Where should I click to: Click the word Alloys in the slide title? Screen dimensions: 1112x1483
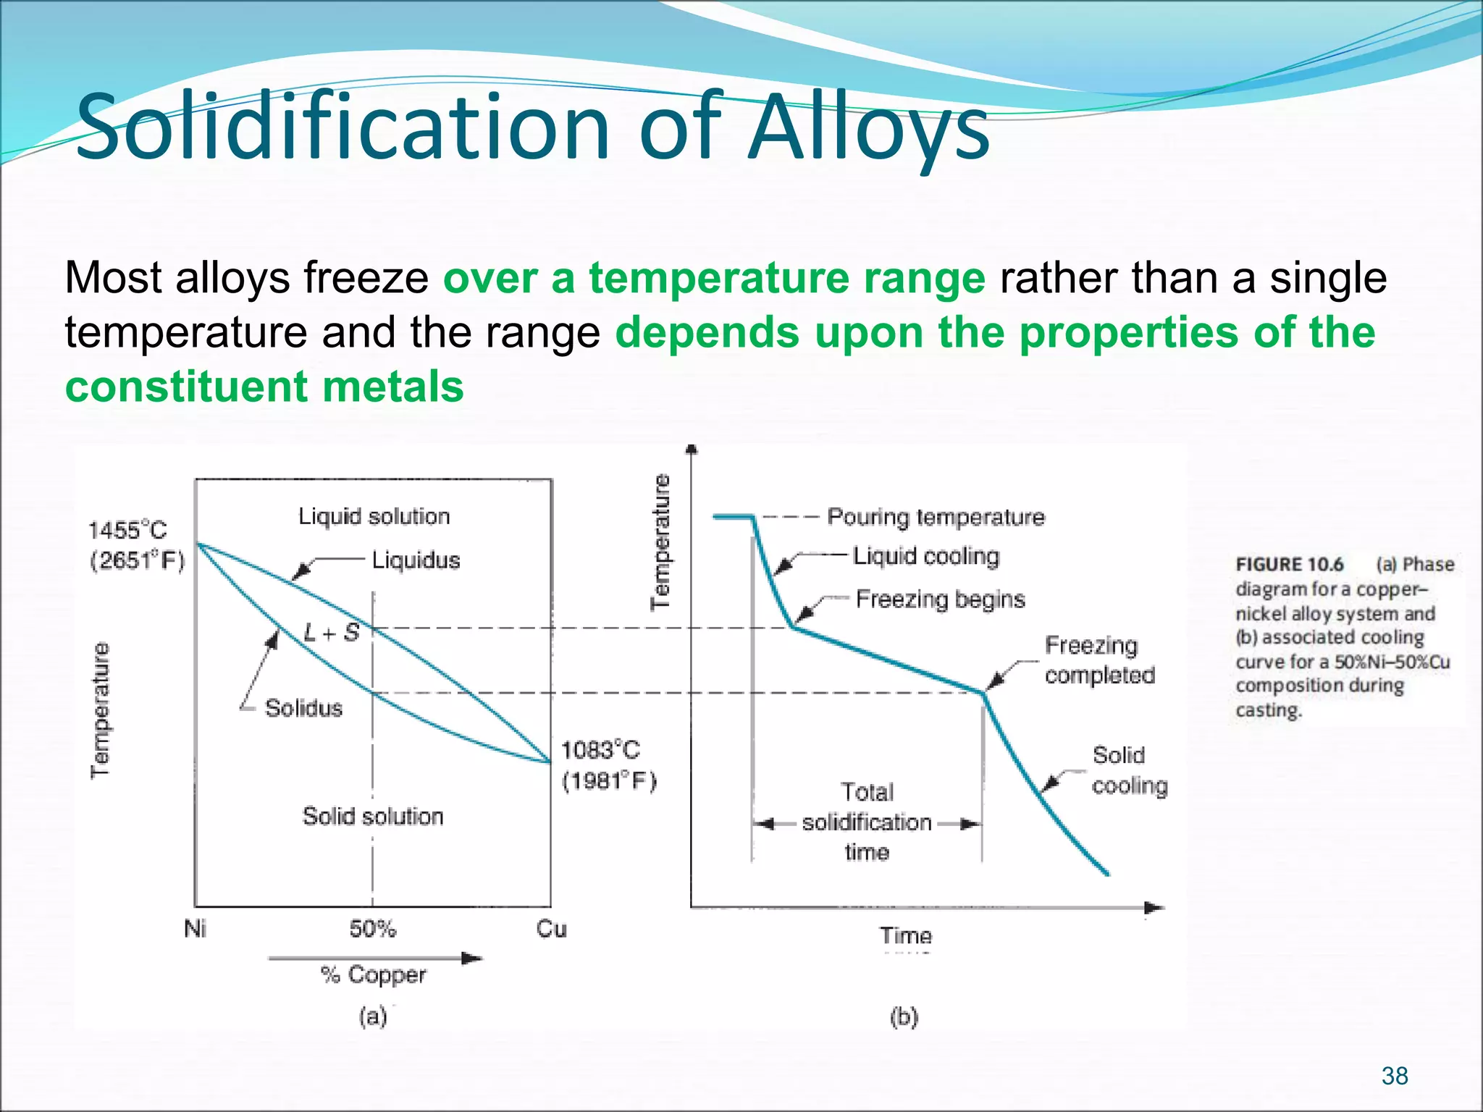[868, 129]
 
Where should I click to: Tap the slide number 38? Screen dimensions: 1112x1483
[1394, 1076]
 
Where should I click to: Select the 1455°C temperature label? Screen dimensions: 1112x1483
[127, 530]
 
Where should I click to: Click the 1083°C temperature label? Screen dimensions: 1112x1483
[600, 750]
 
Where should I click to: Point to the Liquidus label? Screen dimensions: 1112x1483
[416, 560]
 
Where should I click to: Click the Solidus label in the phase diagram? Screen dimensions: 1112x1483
[303, 708]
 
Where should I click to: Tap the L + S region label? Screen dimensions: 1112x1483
[331, 633]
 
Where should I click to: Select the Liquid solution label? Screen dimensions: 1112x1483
[374, 516]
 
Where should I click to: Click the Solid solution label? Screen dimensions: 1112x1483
[372, 817]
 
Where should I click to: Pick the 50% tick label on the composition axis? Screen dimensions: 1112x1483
[372, 929]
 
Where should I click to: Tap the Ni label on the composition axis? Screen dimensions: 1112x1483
[195, 929]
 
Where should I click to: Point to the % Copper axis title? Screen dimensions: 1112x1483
[373, 975]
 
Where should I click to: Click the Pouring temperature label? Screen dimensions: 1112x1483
[936, 517]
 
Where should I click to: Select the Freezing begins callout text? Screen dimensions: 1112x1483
[940, 599]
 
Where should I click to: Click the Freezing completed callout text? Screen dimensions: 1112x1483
[1098, 660]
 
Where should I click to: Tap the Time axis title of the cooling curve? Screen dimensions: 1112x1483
[906, 936]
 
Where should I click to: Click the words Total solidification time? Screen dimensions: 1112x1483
[867, 822]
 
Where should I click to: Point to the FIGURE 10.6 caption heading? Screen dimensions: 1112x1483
[1289, 565]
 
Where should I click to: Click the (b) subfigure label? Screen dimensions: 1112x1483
[904, 1017]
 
